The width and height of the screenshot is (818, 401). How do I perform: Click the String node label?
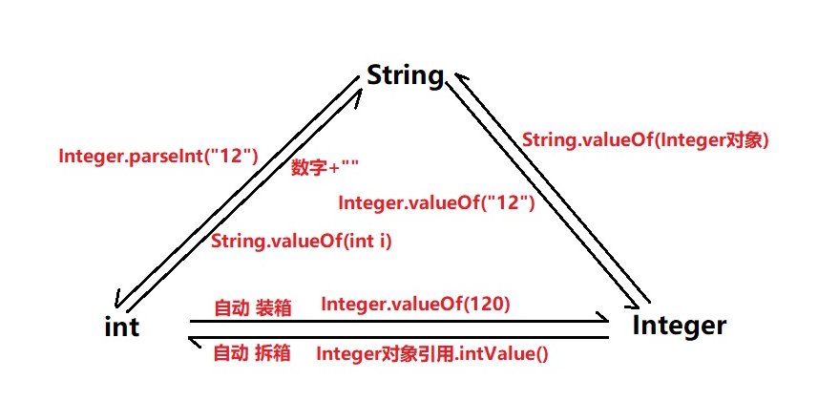(405, 75)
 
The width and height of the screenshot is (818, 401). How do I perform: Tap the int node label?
(121, 327)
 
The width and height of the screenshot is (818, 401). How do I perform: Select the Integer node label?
(679, 326)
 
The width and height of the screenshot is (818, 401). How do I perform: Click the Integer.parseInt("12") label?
(157, 155)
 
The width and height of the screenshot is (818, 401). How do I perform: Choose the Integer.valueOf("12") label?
(436, 203)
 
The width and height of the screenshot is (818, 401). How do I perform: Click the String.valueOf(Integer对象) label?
(645, 139)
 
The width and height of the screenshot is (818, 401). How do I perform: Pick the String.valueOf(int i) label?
(301, 242)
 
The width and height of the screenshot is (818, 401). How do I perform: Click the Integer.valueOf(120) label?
(415, 305)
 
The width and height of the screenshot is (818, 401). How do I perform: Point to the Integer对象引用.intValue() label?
(431, 354)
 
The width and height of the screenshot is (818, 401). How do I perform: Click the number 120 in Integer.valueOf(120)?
(485, 305)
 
